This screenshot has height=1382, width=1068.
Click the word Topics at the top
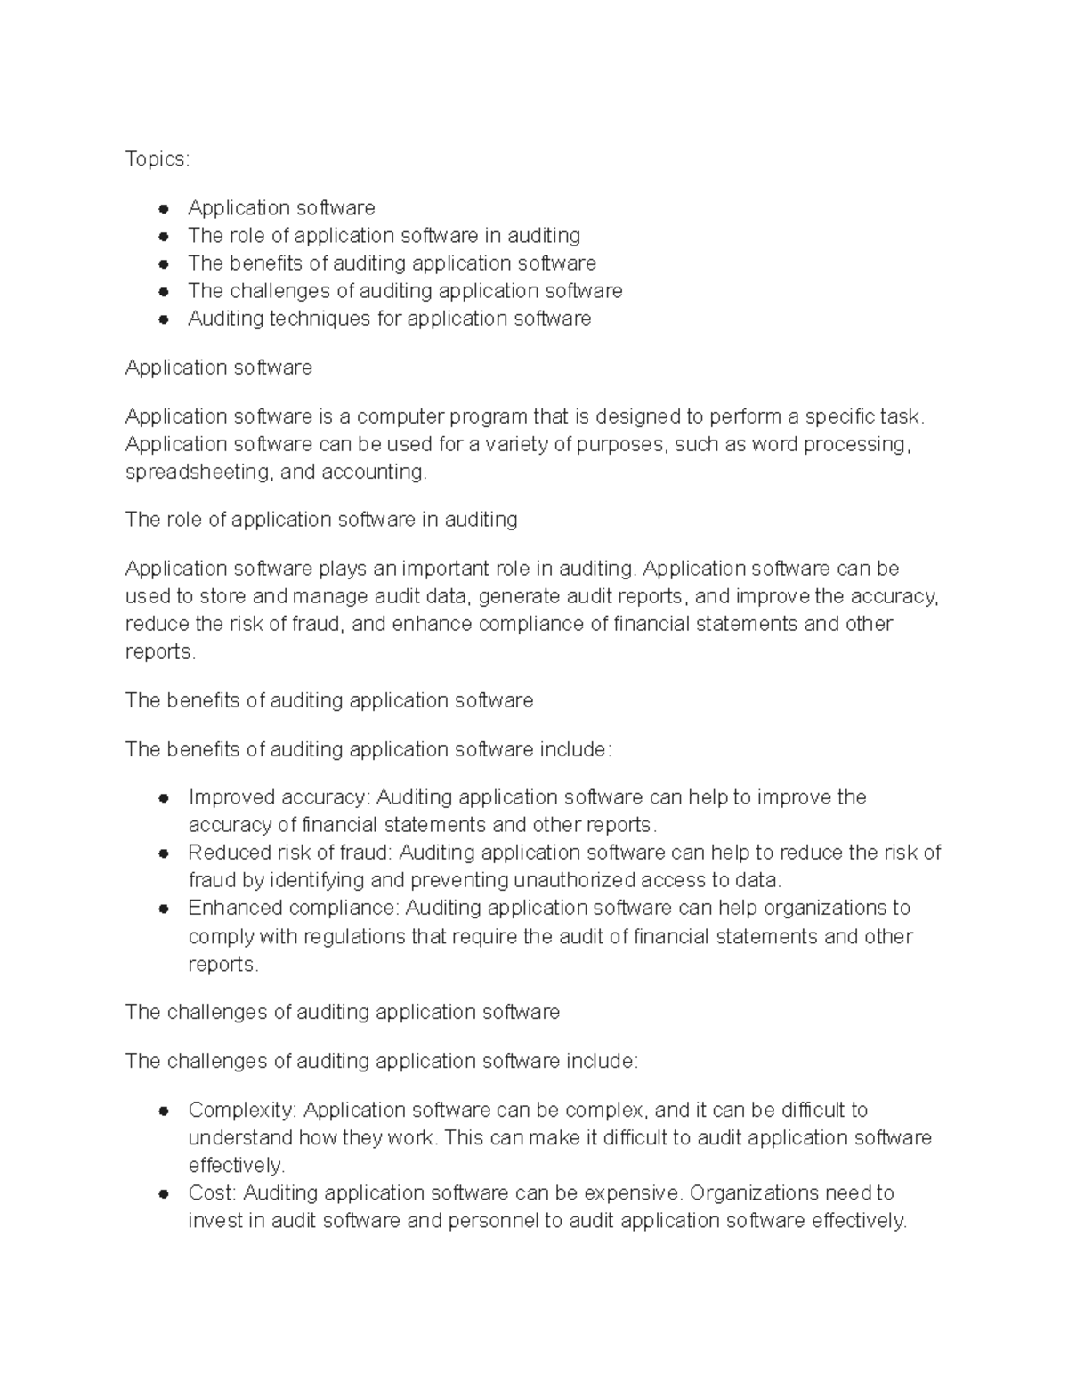tap(156, 158)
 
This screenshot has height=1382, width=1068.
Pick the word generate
tap(521, 596)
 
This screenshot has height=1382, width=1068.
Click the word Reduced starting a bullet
tap(228, 853)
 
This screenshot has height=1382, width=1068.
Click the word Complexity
tap(242, 1110)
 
